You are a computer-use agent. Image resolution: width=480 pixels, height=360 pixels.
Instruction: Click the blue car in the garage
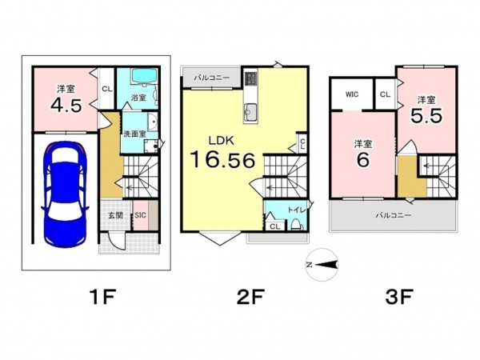pos(65,194)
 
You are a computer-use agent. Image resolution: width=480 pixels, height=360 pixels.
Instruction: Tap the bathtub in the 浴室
pos(144,76)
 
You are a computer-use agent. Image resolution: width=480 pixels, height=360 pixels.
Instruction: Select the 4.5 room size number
pos(66,106)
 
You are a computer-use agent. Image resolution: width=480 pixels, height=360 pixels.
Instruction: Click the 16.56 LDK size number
pos(222,160)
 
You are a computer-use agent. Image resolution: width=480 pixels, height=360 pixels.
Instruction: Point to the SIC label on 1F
pos(141,215)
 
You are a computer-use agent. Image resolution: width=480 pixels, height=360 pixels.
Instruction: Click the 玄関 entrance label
pos(115,215)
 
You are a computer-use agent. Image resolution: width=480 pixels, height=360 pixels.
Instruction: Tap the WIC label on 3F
pos(352,94)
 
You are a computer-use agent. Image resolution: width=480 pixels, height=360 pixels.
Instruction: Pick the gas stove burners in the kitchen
pos(250,78)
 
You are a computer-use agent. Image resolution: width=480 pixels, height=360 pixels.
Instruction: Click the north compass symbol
pos(322,265)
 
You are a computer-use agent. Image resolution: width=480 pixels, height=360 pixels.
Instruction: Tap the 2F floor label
pos(250,297)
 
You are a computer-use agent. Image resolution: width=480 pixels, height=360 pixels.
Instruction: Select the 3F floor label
pos(399,297)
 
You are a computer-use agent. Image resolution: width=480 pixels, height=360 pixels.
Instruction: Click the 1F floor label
pos(102,297)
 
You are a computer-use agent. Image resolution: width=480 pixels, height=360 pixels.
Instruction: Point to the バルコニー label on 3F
pos(394,215)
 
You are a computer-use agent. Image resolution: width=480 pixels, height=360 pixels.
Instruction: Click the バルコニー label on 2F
pos(212,78)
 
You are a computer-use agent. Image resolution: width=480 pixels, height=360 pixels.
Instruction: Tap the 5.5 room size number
pos(426,116)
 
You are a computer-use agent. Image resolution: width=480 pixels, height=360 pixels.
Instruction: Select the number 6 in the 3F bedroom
pos(362,159)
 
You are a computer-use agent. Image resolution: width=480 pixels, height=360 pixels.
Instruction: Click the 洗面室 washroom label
pos(134,134)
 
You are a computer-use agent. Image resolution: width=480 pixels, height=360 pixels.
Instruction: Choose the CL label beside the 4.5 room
pos(107,90)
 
